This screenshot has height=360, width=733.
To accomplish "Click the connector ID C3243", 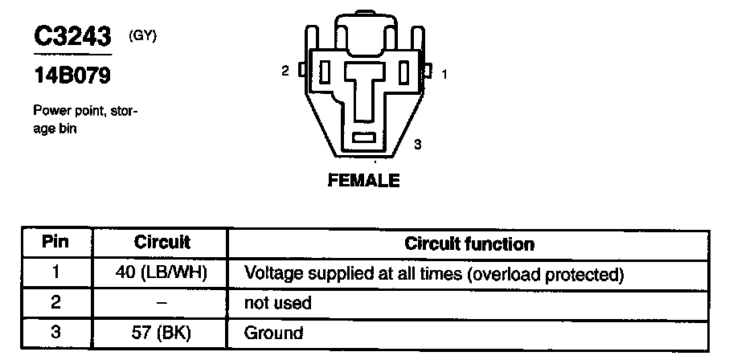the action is [x=71, y=38].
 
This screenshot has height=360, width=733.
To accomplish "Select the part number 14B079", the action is [x=71, y=77].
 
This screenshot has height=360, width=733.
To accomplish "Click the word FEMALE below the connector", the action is [x=363, y=181].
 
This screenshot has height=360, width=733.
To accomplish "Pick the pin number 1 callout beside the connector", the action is [x=444, y=74].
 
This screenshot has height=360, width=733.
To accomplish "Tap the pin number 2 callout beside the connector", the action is [x=285, y=72].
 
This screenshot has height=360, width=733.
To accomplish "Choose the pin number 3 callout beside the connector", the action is [x=418, y=145].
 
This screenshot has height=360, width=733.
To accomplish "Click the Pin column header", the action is [x=55, y=242].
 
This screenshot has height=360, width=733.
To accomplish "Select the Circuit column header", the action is [x=162, y=242].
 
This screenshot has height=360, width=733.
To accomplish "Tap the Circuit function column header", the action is [x=469, y=243].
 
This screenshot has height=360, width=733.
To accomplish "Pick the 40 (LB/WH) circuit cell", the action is [x=162, y=272].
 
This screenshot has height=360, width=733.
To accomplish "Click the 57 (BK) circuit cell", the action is [x=162, y=333].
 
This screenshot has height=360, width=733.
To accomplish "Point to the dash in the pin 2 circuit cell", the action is [x=162, y=303].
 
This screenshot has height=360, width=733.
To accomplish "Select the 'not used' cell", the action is [x=277, y=303].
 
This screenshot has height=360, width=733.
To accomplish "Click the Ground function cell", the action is [x=274, y=333].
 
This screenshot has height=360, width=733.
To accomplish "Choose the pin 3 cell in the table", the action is [x=55, y=332].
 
